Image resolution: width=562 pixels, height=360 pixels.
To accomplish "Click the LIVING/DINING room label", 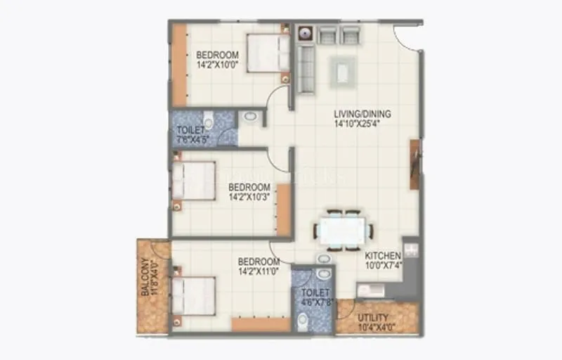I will pyautogui.click(x=362, y=114).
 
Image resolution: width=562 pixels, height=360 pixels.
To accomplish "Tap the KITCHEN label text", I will pyautogui.click(x=383, y=255).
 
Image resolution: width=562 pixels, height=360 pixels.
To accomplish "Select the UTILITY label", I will pyautogui.click(x=372, y=318).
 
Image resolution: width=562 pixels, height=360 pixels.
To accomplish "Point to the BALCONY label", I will pyautogui.click(x=145, y=277).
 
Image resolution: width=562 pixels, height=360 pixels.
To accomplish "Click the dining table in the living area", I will pyautogui.click(x=343, y=230).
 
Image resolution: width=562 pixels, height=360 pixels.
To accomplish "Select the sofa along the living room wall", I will pyautogui.click(x=305, y=69).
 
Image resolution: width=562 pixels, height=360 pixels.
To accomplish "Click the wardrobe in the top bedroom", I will pyautogui.click(x=180, y=65).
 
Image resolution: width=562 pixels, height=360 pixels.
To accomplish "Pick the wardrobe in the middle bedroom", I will pyautogui.click(x=284, y=210).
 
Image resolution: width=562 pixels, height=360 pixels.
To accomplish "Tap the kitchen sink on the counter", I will pyautogui.click(x=370, y=290).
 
